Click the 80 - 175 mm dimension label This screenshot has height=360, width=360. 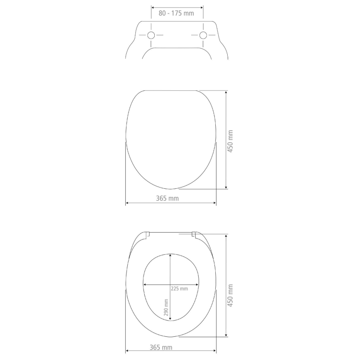pyautogui.click(x=176, y=13)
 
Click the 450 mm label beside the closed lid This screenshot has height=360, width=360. pyautogui.click(x=231, y=141)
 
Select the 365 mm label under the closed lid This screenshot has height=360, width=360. pyautogui.click(x=167, y=198)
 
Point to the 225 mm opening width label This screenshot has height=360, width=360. pyautogui.click(x=179, y=288)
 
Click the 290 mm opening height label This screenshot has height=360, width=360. pyautogui.click(x=166, y=307)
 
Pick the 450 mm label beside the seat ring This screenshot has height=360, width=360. pyautogui.click(x=231, y=295)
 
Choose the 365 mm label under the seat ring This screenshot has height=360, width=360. pyautogui.click(x=161, y=347)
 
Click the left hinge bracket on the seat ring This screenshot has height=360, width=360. pyautogui.click(x=148, y=234)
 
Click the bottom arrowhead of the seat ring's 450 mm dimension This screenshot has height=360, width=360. pyautogui.click(x=226, y=335)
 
